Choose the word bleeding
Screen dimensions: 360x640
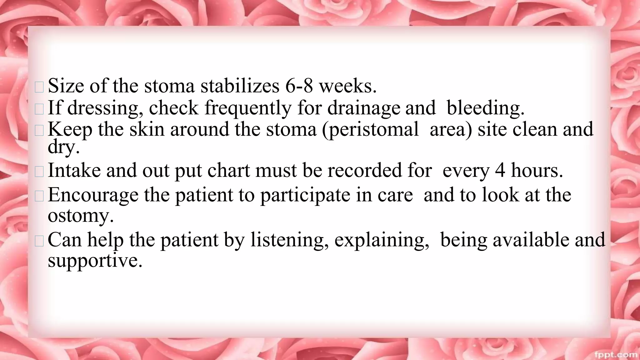(485, 108)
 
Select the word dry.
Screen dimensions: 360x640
(63, 147)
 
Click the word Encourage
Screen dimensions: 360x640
(93, 195)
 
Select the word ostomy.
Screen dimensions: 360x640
(80, 216)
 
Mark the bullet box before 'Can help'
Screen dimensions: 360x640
(39, 241)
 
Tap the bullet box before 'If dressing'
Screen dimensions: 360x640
(39, 109)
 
